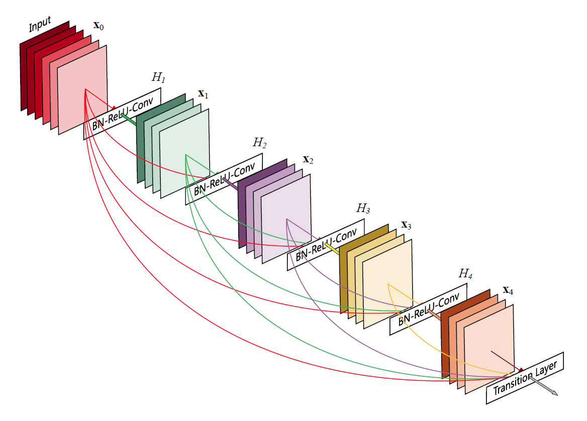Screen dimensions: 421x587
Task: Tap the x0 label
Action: tap(99, 26)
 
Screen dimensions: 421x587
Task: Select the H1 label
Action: tap(158, 78)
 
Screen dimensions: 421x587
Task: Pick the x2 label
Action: tap(308, 160)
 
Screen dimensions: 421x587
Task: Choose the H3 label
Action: tap(363, 208)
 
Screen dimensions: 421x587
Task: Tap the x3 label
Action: tap(406, 225)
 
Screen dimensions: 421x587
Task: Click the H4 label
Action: tap(465, 274)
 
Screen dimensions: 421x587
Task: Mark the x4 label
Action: tap(508, 290)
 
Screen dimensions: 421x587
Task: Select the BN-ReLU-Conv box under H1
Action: tap(123, 114)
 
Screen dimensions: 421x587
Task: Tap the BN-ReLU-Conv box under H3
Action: tap(326, 245)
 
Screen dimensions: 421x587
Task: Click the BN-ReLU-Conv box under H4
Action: tap(428, 309)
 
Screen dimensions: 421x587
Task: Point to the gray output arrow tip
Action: tap(555, 393)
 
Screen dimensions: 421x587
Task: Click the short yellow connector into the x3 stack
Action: tap(333, 248)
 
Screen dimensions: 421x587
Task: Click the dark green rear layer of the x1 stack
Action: tap(140, 146)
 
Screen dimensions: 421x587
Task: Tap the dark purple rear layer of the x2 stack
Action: tap(242, 211)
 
